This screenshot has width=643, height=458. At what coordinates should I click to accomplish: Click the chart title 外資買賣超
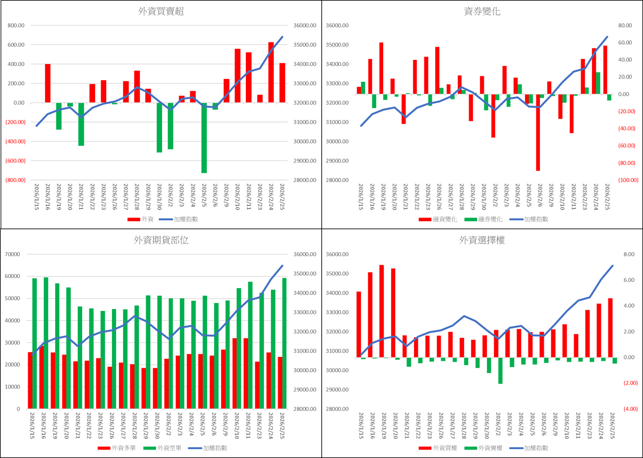(161, 12)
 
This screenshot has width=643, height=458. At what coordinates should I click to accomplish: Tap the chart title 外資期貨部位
(161, 240)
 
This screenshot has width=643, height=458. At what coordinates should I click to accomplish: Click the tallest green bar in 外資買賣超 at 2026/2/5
(204, 138)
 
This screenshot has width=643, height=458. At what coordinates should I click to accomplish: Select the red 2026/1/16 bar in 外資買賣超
(48, 83)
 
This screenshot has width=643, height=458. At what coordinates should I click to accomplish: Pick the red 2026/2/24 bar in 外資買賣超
(271, 72)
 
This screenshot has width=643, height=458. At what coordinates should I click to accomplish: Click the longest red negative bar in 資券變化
(538, 132)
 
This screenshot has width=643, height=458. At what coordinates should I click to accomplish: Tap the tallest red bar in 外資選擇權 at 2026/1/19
(381, 311)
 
